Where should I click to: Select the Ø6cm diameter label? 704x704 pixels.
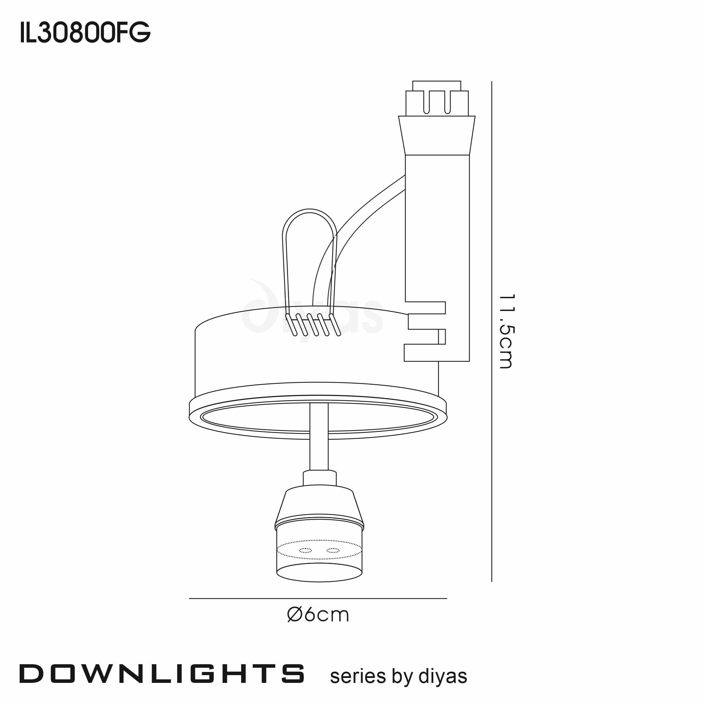click(318, 615)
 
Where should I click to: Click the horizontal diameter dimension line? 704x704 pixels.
click(318, 598)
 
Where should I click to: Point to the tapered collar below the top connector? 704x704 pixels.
click(436, 136)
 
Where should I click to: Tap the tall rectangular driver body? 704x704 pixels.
click(437, 233)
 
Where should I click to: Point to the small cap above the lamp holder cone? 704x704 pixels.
click(319, 478)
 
